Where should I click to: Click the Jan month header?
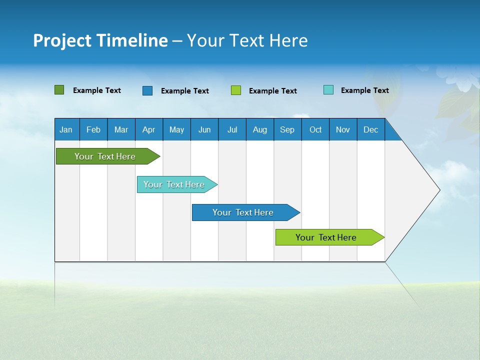(66, 129)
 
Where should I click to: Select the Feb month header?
(93, 129)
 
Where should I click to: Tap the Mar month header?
(121, 129)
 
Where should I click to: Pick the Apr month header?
(149, 129)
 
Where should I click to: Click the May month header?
(176, 129)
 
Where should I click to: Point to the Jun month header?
(204, 129)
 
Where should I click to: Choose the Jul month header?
(232, 129)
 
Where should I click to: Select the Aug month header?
(260, 129)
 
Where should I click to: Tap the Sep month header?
(287, 129)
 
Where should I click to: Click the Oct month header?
(315, 129)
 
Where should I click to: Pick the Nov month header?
(343, 129)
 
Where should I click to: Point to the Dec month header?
(371, 129)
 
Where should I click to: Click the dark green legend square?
(59, 90)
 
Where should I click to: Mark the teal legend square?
(328, 90)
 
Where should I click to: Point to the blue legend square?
(147, 90)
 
